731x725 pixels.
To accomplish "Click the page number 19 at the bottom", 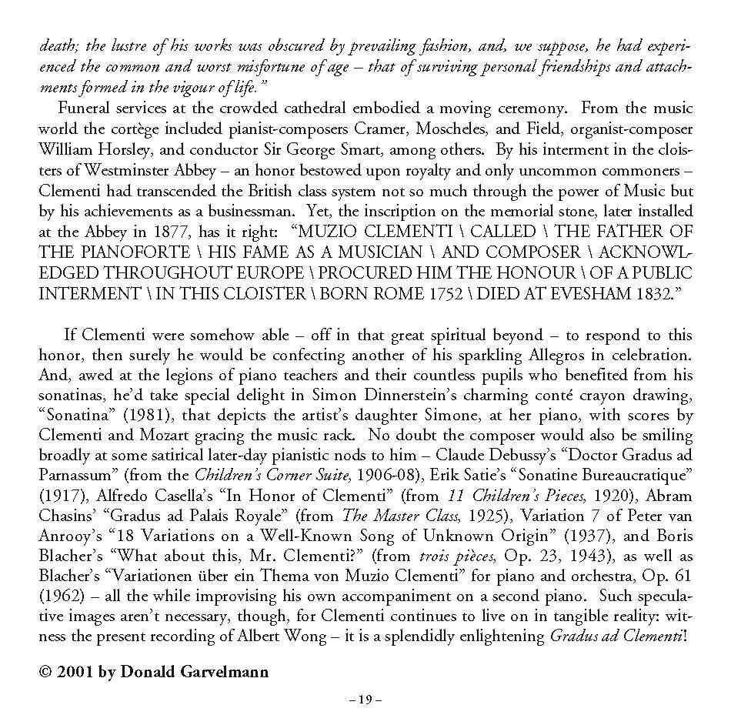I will point(365,699).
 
